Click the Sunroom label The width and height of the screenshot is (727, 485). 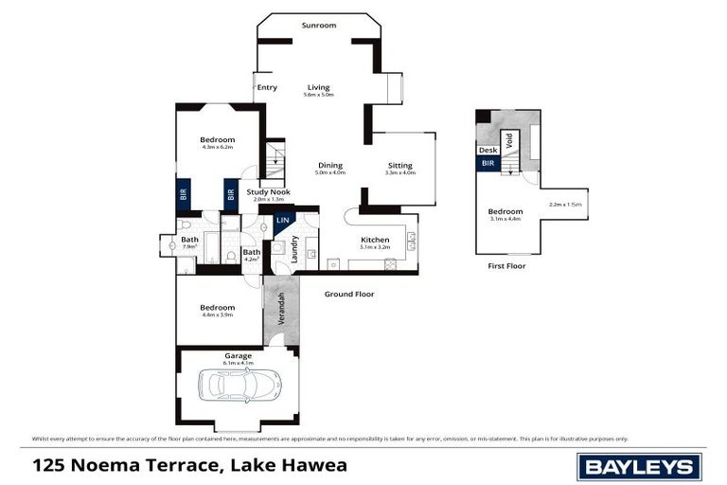click(x=318, y=26)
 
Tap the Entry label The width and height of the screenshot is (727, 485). click(x=267, y=87)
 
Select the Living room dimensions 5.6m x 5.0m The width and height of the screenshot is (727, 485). click(x=318, y=96)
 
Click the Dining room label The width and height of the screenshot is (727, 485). click(x=329, y=165)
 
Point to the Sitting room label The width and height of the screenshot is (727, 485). click(x=400, y=165)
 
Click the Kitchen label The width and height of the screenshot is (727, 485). click(x=375, y=240)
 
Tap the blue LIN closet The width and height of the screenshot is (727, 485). click(x=282, y=222)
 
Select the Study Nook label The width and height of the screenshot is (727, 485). click(x=268, y=192)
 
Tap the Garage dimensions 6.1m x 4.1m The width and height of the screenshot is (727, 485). click(x=238, y=364)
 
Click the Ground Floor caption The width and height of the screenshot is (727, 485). click(x=349, y=294)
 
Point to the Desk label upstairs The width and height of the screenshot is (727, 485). click(x=488, y=150)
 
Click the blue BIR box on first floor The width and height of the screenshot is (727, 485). click(x=488, y=163)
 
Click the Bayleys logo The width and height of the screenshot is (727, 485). click(x=639, y=466)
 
